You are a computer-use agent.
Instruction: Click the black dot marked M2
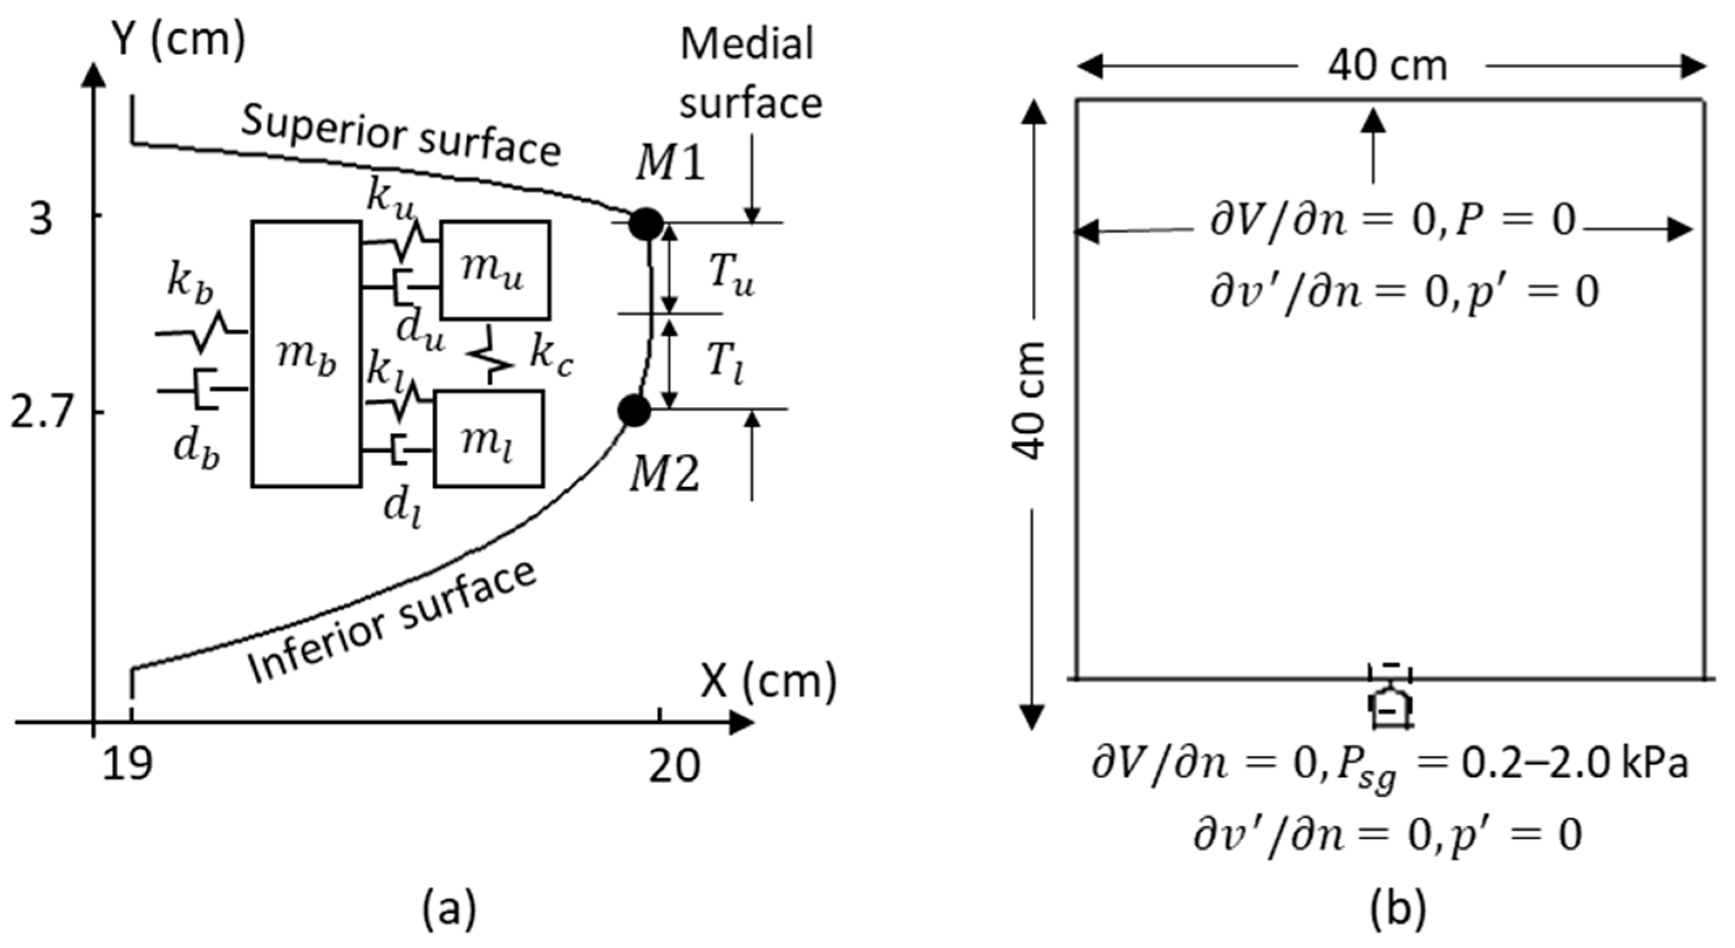tap(634, 410)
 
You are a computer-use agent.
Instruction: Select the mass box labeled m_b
tap(306, 353)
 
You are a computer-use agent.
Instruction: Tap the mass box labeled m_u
tap(495, 270)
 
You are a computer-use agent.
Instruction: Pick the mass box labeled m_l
tap(488, 438)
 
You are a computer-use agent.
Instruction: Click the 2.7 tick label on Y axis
tap(40, 412)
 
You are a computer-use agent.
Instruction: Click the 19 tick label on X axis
tap(127, 766)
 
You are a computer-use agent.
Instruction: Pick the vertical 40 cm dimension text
tap(1029, 401)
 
